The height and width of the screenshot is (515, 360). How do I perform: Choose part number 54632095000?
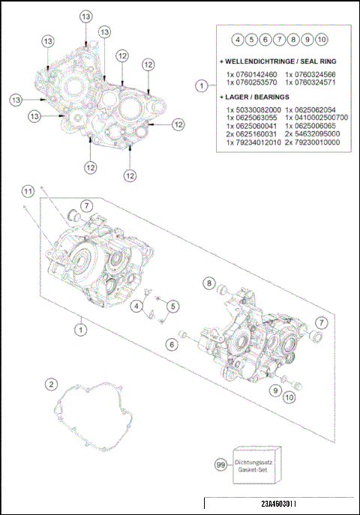tap(316, 133)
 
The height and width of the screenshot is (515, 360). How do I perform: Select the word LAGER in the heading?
tap(237, 97)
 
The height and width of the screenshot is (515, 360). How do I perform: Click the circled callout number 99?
tap(220, 466)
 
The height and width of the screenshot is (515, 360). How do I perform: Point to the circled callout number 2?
tap(51, 385)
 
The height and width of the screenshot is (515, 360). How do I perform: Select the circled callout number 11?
tap(28, 192)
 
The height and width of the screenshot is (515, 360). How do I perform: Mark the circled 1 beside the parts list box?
tap(200, 86)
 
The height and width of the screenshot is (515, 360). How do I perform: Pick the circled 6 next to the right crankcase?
tap(171, 343)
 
